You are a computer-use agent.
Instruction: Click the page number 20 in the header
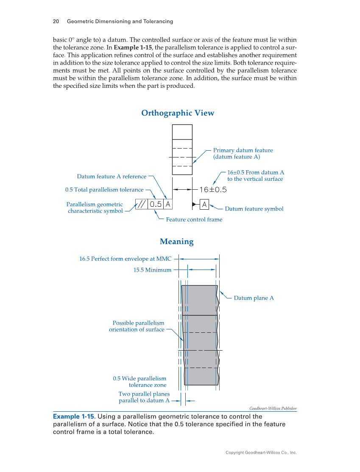coord(56,21)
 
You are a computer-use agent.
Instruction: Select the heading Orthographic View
coord(178,113)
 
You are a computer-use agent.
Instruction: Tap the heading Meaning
coord(176,242)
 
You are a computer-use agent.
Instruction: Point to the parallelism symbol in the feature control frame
coord(142,204)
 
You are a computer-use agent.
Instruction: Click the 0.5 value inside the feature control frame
coord(156,204)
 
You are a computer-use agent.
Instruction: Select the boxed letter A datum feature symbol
coord(204,205)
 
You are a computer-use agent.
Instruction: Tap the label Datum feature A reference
coord(112,177)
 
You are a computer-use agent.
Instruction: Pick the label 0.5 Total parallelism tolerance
coord(104,190)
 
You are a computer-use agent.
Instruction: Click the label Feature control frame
coord(194,219)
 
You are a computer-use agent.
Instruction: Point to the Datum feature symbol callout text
coord(254,209)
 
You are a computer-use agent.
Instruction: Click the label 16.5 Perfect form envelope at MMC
coord(125,258)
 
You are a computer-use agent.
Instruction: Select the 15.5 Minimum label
coord(152,270)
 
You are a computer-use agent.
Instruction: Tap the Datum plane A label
coord(254,298)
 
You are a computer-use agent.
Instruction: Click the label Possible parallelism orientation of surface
coord(137,326)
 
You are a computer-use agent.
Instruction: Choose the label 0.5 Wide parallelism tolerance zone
coord(140,382)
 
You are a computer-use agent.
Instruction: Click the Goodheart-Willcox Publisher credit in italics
coord(273,408)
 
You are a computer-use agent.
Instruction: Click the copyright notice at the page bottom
coord(261,452)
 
